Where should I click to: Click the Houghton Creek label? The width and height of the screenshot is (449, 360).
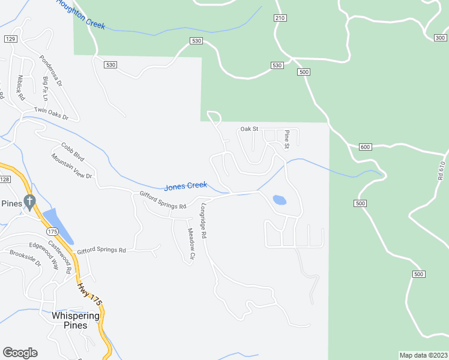[x=80, y=13]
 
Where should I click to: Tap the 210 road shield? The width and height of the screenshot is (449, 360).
[x=280, y=18]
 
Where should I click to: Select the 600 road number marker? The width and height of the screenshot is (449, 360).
[x=366, y=147]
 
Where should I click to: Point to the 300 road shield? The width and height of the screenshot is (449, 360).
[x=441, y=38]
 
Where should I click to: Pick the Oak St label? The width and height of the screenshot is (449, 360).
[x=249, y=128]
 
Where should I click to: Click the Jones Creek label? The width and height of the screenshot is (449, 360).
[x=185, y=187]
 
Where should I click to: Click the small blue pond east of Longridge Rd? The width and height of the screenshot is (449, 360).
[x=279, y=200]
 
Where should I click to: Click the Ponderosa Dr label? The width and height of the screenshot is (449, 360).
[x=50, y=71]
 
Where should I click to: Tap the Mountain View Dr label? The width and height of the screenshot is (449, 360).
[x=71, y=167]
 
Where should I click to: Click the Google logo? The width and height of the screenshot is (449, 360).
[x=20, y=353]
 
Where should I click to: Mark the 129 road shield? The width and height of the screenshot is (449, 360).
[x=10, y=39]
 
